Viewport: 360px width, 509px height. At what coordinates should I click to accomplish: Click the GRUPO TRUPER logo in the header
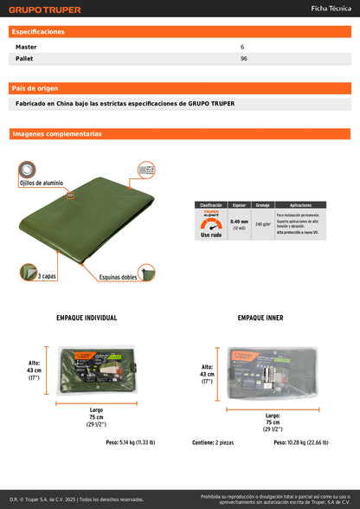pyautogui.click(x=46, y=10)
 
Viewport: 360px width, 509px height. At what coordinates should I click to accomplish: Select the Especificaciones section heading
pyautogui.click(x=38, y=31)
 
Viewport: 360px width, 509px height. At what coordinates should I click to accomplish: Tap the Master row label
pyautogui.click(x=26, y=46)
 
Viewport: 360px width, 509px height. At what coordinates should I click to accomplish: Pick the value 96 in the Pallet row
pyautogui.click(x=244, y=59)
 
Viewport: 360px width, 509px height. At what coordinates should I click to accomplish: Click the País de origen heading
pyautogui.click(x=35, y=88)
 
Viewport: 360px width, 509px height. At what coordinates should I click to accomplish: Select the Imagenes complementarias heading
pyautogui.click(x=56, y=134)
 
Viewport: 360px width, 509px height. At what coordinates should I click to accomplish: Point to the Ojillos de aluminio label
pyautogui.click(x=42, y=184)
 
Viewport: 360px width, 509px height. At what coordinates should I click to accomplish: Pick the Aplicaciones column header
pyautogui.click(x=300, y=204)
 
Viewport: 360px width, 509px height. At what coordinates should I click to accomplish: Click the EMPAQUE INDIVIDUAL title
pyautogui.click(x=86, y=318)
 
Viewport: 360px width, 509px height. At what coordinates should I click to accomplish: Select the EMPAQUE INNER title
pyautogui.click(x=260, y=318)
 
